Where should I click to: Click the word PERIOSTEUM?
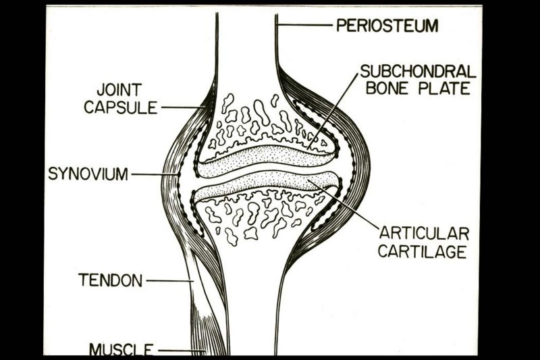[x=387, y=26]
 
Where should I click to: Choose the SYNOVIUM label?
[x=88, y=174]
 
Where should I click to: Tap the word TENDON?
[x=110, y=280]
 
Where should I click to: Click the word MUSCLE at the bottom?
[x=122, y=350]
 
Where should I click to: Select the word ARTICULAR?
[x=424, y=234]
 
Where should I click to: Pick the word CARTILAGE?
[x=423, y=252]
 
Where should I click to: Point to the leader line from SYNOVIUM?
[x=154, y=174]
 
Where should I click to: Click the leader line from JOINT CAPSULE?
[x=181, y=107]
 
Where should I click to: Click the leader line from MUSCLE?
[x=179, y=351]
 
